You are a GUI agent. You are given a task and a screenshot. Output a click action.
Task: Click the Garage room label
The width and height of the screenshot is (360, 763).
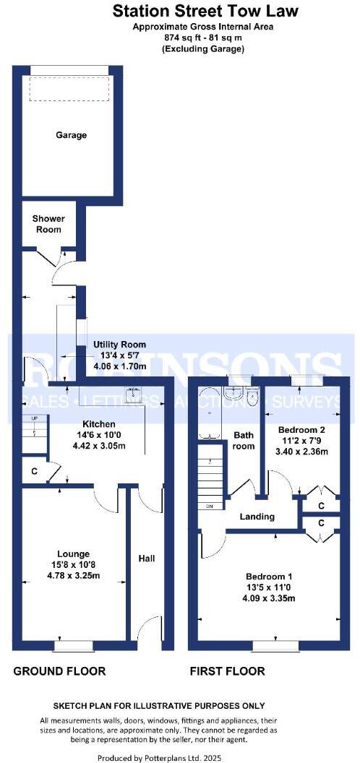[71, 135]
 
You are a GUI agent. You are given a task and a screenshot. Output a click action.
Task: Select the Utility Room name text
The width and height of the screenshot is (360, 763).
[119, 345]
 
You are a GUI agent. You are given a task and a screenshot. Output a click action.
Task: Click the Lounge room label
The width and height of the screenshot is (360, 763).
[74, 553]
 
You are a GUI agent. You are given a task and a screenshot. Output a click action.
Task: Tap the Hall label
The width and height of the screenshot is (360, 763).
[147, 558]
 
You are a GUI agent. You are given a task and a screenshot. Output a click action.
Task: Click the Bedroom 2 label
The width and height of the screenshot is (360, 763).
[301, 430]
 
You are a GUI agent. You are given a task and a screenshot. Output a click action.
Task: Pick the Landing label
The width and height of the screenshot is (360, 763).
[257, 517]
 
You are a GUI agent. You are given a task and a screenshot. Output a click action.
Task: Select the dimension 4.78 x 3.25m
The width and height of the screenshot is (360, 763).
[74, 574]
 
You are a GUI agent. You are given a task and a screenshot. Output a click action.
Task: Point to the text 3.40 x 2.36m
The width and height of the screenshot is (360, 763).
[301, 452]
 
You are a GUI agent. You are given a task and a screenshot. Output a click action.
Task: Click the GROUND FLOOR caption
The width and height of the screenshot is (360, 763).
[59, 671]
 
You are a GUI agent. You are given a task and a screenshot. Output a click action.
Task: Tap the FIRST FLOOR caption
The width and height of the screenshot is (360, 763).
[227, 671]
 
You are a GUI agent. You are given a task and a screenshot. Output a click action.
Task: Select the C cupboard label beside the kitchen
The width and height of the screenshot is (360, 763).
[34, 471]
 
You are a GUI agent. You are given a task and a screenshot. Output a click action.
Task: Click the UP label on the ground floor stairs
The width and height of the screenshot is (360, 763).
[34, 418]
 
